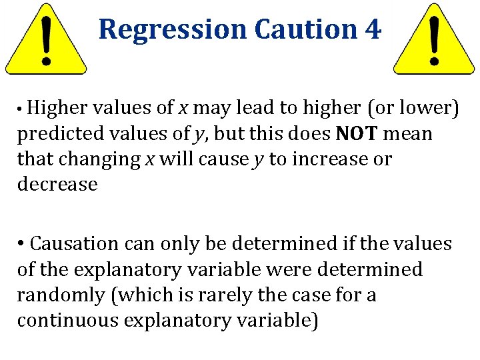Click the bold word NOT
pyautogui.click(x=357, y=133)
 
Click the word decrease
pyautogui.click(x=57, y=185)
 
